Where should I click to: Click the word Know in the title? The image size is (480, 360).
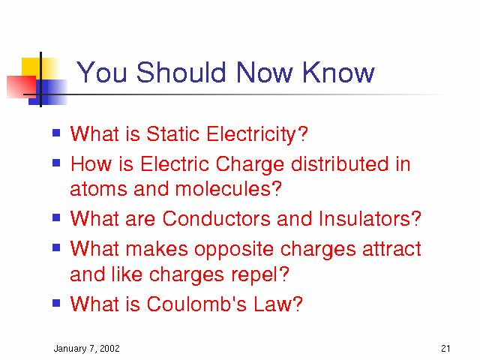pyautogui.click(x=338, y=72)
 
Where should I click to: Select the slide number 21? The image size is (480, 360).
pyautogui.click(x=445, y=348)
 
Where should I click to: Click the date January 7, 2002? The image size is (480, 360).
pyautogui.click(x=87, y=349)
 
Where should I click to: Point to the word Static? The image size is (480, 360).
pyautogui.click(x=173, y=133)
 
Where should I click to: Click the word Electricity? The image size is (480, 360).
pyautogui.click(x=257, y=135)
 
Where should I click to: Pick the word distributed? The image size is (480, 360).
pyautogui.click(x=340, y=163)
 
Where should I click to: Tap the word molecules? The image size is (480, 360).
pyautogui.click(x=228, y=188)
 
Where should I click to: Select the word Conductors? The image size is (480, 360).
pyautogui.click(x=217, y=218)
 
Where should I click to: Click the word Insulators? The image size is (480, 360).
pyautogui.click(x=370, y=218)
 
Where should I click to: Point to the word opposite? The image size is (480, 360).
pyautogui.click(x=234, y=250)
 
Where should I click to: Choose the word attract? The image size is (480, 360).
pyautogui.click(x=391, y=249)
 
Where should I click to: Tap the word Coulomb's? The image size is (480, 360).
pyautogui.click(x=196, y=304)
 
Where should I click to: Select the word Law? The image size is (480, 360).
pyautogui.click(x=278, y=304)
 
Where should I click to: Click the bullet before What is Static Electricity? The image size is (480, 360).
pyautogui.click(x=56, y=133)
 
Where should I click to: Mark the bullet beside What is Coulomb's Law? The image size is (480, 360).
pyautogui.click(x=56, y=303)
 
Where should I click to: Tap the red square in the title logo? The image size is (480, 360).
pyautogui.click(x=22, y=87)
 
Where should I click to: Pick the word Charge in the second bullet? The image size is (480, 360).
pyautogui.click(x=250, y=164)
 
